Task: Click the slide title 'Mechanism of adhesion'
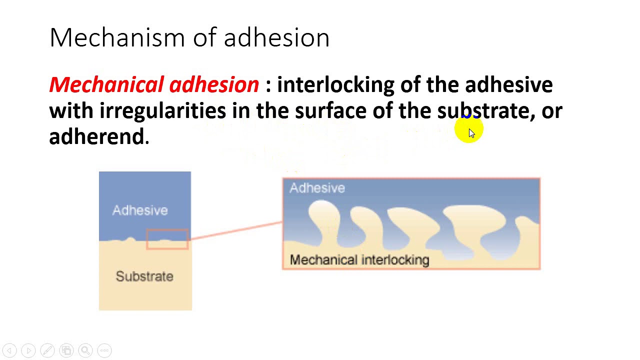[189, 37]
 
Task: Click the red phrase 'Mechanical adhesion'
[154, 84]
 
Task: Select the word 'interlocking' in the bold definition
[335, 84]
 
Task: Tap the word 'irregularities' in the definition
[162, 110]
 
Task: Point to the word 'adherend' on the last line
[96, 136]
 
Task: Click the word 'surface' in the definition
[330, 110]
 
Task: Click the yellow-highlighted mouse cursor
[470, 131]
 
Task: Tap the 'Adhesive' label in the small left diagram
[140, 210]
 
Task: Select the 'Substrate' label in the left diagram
[144, 276]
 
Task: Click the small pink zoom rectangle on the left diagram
[167, 239]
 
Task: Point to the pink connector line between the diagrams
[235, 230]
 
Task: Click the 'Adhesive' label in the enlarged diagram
[317, 188]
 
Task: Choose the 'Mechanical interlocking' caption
[359, 260]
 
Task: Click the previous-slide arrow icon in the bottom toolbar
[9, 350]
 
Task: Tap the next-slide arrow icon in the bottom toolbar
[28, 350]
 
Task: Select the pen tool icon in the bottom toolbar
[47, 350]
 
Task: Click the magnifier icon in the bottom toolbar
[85, 350]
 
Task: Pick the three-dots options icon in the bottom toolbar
[104, 350]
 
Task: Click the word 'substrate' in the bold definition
[482, 110]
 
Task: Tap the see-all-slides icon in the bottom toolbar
[66, 350]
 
